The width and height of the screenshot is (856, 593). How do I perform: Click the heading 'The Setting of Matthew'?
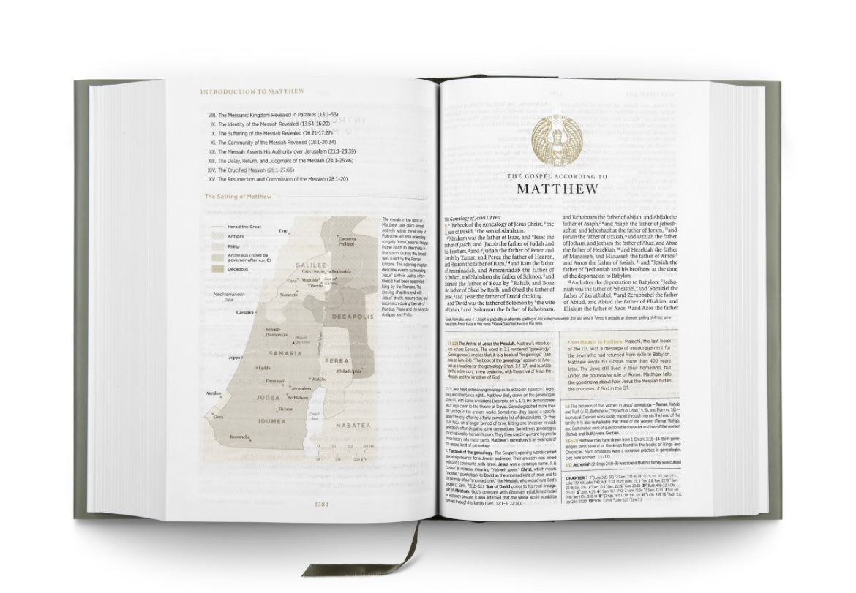pyautogui.click(x=238, y=197)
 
